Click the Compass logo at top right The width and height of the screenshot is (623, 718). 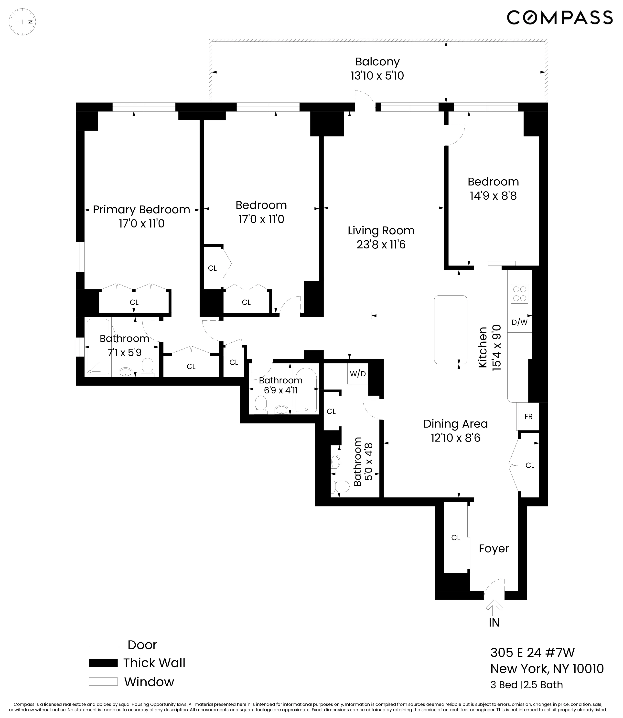point(559,17)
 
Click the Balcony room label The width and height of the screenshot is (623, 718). point(377,62)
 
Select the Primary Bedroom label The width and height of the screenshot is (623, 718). point(141,210)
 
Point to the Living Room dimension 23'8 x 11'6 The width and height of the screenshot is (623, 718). point(381,245)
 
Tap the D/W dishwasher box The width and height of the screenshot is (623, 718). point(519,322)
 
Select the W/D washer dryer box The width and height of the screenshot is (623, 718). point(358,374)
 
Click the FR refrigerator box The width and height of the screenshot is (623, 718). point(528,417)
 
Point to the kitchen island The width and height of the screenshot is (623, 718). point(451,329)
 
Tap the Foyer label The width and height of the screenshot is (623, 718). point(494,549)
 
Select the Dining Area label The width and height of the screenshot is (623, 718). point(455,424)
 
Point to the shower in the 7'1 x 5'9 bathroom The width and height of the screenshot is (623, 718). point(98,347)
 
